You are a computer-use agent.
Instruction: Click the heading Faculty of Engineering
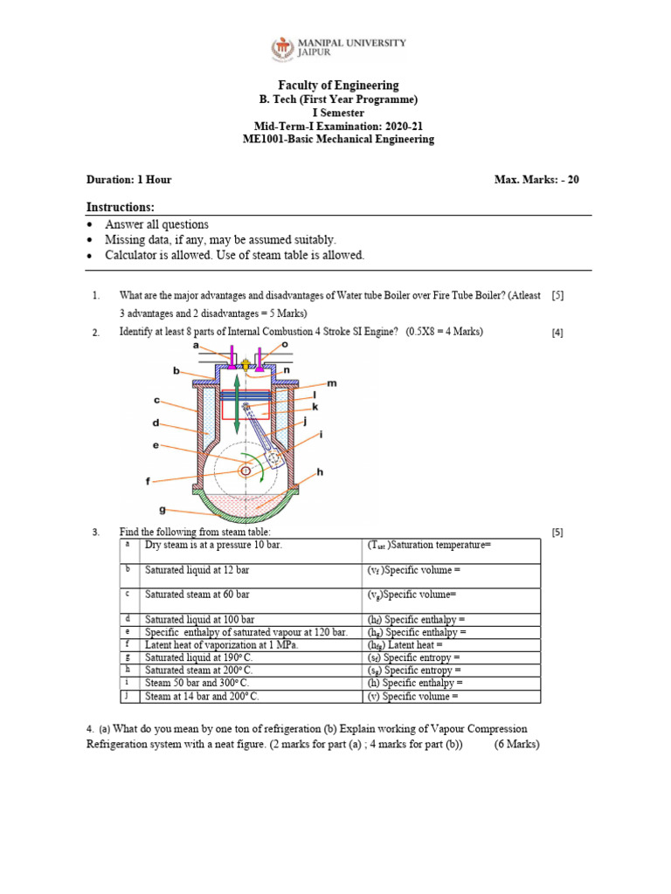pyautogui.click(x=338, y=85)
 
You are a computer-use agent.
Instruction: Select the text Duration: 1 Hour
pyautogui.click(x=128, y=180)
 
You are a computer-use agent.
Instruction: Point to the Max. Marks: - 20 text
pyautogui.click(x=536, y=180)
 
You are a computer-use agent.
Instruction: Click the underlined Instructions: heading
pyautogui.click(x=120, y=207)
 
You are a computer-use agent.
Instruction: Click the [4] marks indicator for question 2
pyautogui.click(x=557, y=333)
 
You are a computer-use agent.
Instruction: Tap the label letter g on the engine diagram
pyautogui.click(x=162, y=510)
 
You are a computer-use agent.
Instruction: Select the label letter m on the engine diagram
pyautogui.click(x=332, y=383)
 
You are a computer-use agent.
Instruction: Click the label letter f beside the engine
pyautogui.click(x=148, y=480)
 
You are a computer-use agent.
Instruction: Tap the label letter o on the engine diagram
pyautogui.click(x=285, y=346)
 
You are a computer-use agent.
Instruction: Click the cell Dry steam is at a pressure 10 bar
pyautogui.click(x=213, y=545)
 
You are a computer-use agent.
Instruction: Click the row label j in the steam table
pyautogui.click(x=128, y=696)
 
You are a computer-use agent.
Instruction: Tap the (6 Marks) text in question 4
pyautogui.click(x=516, y=744)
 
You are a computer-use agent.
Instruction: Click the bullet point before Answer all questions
pyautogui.click(x=92, y=225)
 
